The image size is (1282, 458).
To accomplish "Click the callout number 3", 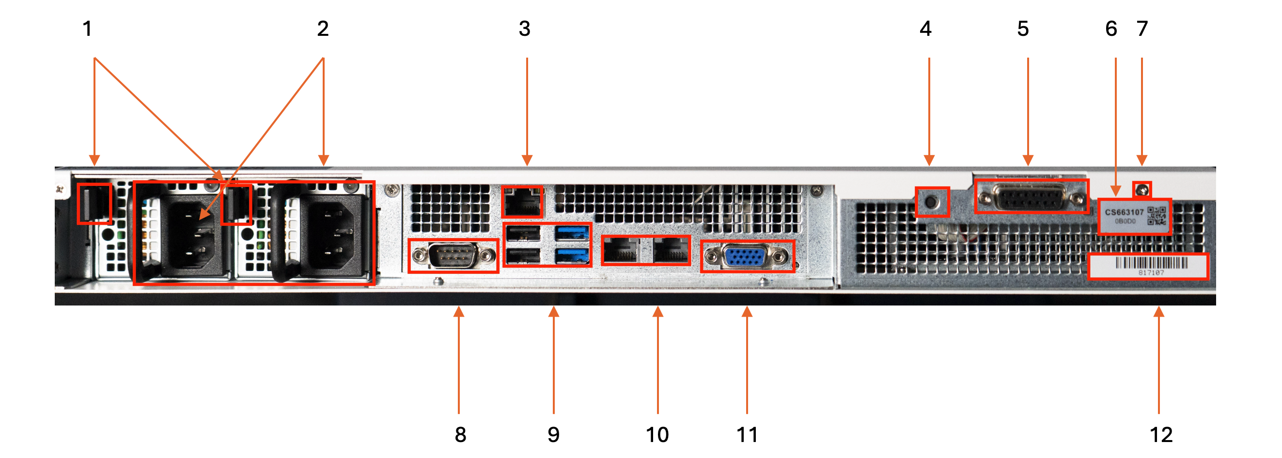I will tap(525, 29).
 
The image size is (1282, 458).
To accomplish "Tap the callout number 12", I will tap(1161, 435).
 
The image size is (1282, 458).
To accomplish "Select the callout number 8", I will tap(460, 435).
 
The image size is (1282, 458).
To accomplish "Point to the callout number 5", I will tap(1023, 29).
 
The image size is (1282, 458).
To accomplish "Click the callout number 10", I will tap(657, 435).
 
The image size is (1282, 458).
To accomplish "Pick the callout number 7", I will tap(1142, 29).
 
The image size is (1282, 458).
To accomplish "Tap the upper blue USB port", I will tap(572, 233).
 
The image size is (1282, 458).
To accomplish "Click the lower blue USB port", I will tap(572, 256).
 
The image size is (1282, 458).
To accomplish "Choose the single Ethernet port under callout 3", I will tap(522, 203).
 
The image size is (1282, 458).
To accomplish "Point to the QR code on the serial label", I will tap(1157, 215).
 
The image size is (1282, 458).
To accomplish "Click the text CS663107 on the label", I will tap(1124, 212).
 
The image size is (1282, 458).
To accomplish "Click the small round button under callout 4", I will tap(932, 202).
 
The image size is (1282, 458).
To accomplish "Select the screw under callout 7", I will tap(1142, 189).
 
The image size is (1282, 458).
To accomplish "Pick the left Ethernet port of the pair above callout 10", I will tap(621, 250).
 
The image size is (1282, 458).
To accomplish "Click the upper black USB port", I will tap(523, 233).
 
